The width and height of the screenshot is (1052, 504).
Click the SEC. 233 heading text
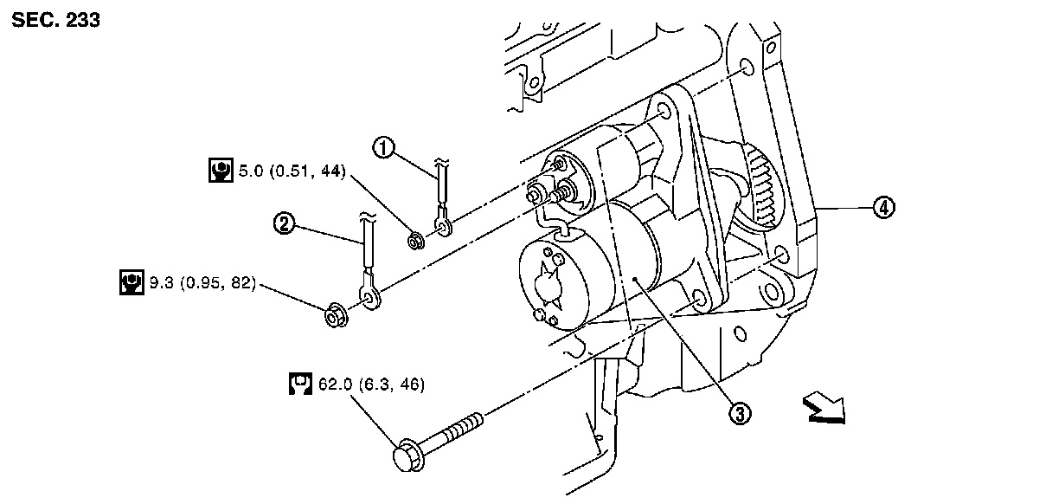[56, 20]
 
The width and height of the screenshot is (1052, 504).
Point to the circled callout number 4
[883, 208]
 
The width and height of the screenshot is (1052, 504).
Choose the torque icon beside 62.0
[299, 383]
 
